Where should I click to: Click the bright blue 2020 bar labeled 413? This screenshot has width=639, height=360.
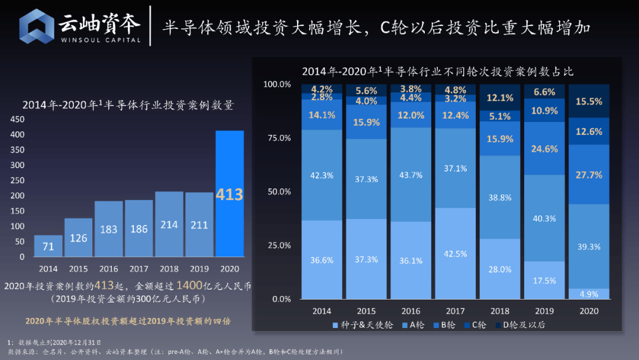(x=230, y=194)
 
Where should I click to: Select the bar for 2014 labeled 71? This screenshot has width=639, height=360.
(x=48, y=246)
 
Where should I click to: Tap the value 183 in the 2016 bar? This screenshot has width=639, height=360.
(x=109, y=229)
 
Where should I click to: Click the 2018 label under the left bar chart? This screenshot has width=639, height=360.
(x=169, y=269)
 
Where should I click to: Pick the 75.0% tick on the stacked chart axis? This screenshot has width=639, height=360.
(x=277, y=138)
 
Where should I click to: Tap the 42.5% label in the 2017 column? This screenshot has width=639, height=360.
(x=456, y=253)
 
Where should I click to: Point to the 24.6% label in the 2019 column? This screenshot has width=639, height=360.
(x=544, y=149)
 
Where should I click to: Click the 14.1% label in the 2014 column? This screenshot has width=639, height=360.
(x=322, y=115)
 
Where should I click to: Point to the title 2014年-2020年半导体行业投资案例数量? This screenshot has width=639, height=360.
(x=128, y=105)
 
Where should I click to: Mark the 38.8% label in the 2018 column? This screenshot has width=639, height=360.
(x=500, y=197)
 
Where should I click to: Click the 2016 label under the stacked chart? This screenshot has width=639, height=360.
(x=411, y=311)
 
